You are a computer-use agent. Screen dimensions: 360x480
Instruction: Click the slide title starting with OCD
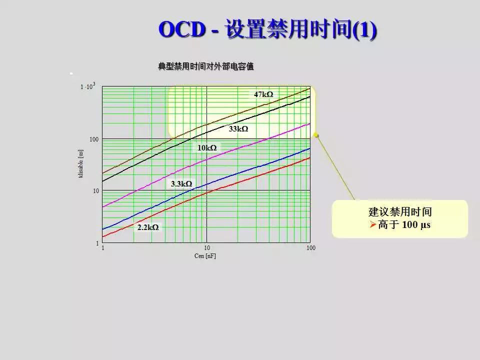click(267, 29)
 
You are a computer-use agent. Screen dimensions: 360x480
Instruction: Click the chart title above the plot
click(206, 66)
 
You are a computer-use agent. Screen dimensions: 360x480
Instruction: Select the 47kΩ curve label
click(263, 94)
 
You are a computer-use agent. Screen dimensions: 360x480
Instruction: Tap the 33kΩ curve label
click(238, 129)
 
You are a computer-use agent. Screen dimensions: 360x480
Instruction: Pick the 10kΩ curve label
click(207, 148)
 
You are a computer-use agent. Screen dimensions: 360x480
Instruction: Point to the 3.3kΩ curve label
click(181, 184)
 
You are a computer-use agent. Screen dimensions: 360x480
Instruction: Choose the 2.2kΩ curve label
click(148, 227)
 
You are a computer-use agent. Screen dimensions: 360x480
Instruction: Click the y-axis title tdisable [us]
click(81, 164)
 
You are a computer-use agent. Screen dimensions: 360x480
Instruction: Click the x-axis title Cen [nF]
click(205, 256)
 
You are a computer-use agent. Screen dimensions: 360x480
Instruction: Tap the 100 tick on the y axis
click(94, 139)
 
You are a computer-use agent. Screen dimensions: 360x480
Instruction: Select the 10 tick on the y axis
click(95, 191)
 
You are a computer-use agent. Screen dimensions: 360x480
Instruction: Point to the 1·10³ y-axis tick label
click(87, 86)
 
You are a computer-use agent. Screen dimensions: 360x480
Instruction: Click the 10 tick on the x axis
click(206, 248)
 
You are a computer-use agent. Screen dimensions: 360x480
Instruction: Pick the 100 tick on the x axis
click(310, 248)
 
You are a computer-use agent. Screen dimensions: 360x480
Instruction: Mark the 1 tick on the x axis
click(102, 248)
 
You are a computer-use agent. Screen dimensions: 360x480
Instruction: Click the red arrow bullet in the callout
click(372, 225)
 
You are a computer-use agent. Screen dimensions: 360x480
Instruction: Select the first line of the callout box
click(400, 212)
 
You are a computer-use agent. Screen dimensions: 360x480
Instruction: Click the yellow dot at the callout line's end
click(316, 135)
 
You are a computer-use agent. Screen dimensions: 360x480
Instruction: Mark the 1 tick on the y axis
click(97, 243)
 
